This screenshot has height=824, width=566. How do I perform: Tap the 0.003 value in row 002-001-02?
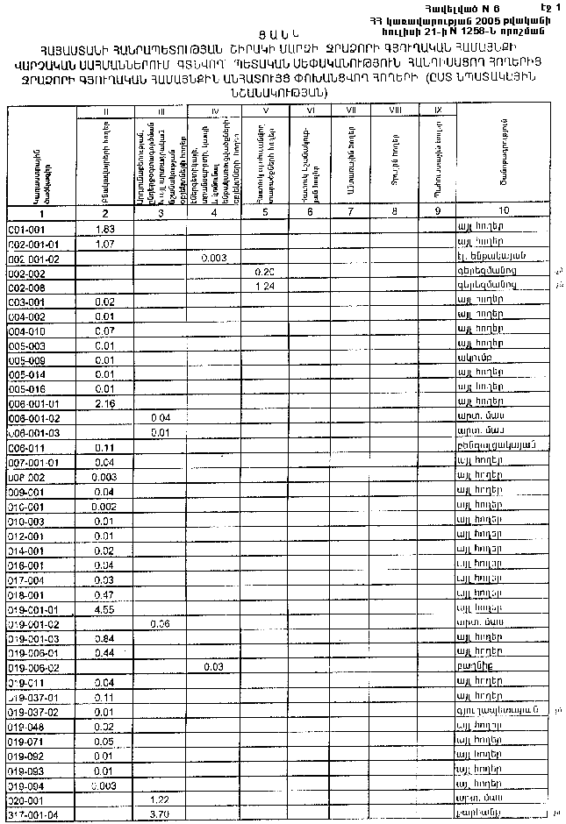click(x=214, y=258)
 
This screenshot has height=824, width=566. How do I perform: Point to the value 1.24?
click(x=265, y=287)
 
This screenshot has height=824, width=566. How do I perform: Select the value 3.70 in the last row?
click(x=160, y=815)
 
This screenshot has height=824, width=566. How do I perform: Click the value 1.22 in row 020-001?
click(x=160, y=800)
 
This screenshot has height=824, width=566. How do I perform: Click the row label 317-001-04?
click(x=32, y=815)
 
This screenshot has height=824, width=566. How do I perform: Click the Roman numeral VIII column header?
click(x=395, y=110)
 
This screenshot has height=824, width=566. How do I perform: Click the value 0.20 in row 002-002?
click(x=265, y=273)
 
